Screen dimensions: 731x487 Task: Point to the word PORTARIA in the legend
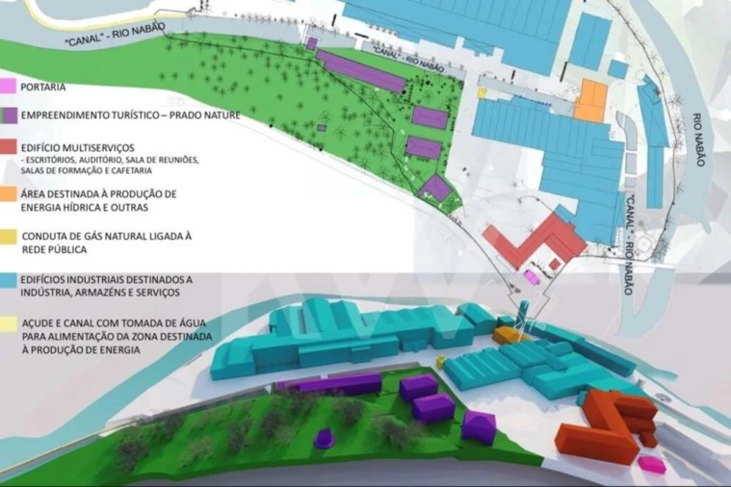[x=42, y=88]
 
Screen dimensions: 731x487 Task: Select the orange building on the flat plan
[x=590, y=100]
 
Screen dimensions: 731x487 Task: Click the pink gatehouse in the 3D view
[x=655, y=465]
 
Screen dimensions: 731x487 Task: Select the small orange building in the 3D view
[x=507, y=334]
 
